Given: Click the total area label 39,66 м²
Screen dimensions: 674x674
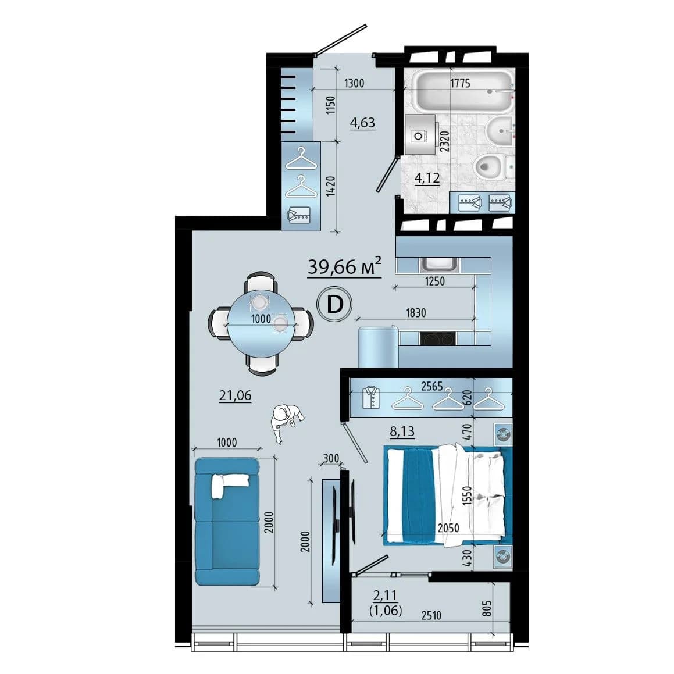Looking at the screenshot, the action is point(344,266).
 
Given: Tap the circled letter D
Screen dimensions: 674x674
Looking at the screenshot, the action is point(334,304).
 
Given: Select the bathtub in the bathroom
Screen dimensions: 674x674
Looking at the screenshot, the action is point(463,91).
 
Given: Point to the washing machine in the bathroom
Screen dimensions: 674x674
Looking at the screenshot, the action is point(420,134).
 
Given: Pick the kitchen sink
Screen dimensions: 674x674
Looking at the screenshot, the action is point(439,265).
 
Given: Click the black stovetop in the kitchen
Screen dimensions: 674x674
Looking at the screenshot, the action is point(438,338).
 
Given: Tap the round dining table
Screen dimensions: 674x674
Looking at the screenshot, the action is point(261,324).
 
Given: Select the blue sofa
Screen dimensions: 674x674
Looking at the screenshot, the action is point(227,522).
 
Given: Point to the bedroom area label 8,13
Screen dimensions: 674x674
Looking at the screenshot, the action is point(402,431).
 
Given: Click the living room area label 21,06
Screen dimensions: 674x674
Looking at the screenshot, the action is point(235,395).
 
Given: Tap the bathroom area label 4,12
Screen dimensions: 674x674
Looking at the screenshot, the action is point(427,177).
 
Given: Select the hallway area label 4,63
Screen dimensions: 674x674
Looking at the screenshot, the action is point(362,123).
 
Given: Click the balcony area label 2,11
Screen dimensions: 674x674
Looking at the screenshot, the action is point(385,595).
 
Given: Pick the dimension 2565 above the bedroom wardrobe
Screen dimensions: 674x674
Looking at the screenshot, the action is point(431,386).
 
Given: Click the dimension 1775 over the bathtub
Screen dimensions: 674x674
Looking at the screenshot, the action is point(461,83).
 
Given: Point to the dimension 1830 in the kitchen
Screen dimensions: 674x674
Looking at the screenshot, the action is point(416,313).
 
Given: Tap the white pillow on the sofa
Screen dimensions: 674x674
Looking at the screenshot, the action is point(229,484).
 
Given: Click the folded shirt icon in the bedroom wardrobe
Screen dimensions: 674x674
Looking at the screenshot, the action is point(371,397).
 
